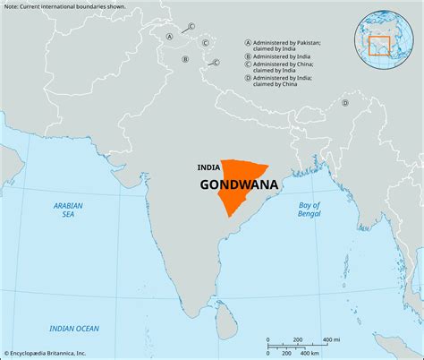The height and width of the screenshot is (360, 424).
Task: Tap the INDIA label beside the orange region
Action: tap(209, 167)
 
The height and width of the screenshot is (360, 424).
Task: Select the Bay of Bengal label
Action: tap(309, 210)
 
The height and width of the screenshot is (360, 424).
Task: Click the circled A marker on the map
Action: tap(170, 37)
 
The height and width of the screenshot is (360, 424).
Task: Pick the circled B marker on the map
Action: tap(185, 59)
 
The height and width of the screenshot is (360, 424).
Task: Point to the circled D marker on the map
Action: tap(344, 102)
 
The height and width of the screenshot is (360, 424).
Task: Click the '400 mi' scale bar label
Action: tap(330, 339)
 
